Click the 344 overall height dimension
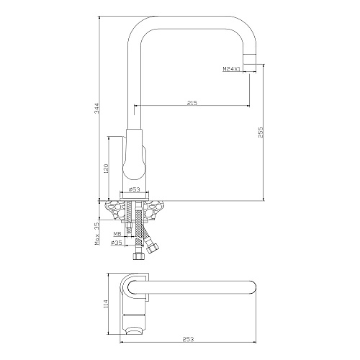point(96,108)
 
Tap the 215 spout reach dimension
point(192,103)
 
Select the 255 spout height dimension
point(261,132)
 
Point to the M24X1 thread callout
point(231,69)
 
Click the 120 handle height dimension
point(107,168)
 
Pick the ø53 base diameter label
point(135,189)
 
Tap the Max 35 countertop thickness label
point(97,233)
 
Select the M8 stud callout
point(117,233)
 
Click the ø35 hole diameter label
point(116,243)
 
